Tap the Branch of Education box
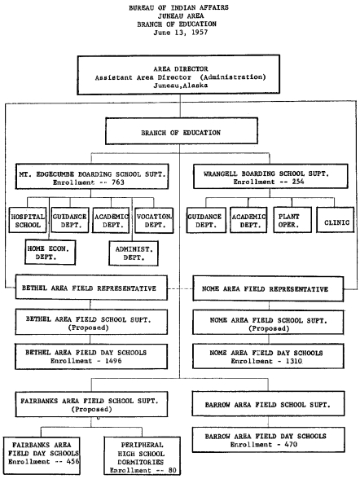(180, 131)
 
